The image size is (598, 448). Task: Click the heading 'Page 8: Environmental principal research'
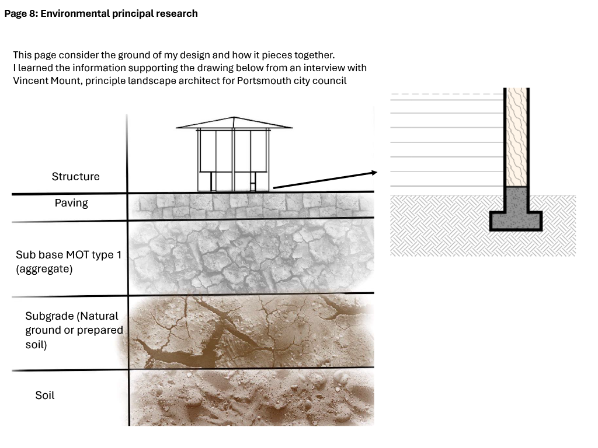click(x=101, y=14)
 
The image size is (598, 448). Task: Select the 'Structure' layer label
click(x=75, y=176)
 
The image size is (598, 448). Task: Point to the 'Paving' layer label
click(x=71, y=202)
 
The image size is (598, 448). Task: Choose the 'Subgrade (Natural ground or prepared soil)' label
click(x=74, y=330)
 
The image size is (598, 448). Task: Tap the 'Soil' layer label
click(x=45, y=395)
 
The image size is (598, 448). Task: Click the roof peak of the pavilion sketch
click(x=234, y=117)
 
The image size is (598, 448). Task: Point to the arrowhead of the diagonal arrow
click(x=374, y=173)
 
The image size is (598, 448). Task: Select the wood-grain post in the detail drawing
click(x=516, y=137)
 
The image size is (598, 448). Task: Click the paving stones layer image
click(x=252, y=206)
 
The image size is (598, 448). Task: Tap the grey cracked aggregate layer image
click(x=252, y=257)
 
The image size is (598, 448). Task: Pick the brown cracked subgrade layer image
click(x=252, y=331)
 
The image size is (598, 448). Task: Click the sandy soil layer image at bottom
click(x=252, y=397)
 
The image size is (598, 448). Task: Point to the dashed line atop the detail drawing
click(x=447, y=94)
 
